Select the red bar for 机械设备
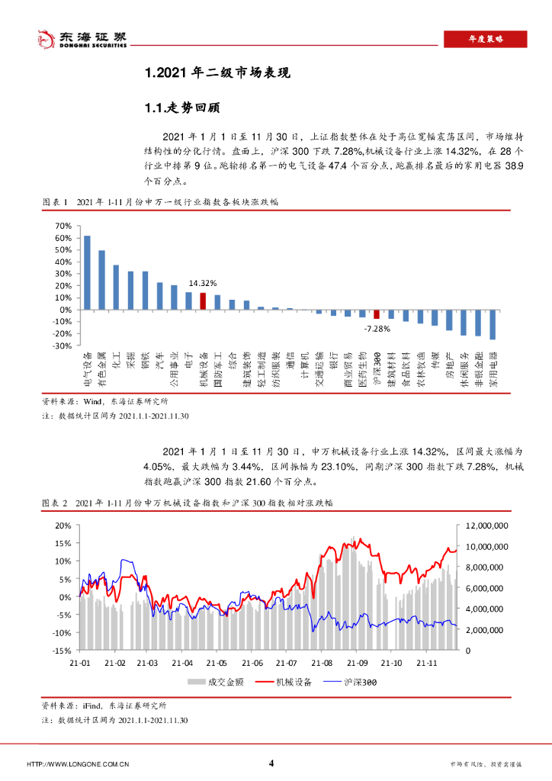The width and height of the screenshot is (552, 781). coord(203,301)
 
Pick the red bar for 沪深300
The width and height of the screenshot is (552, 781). coord(376,314)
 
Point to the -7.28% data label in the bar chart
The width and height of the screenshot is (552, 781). coord(377,329)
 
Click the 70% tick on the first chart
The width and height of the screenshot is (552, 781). coord(63,227)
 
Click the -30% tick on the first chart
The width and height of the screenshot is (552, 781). coord(62,346)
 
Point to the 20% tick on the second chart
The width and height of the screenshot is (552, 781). coord(63,525)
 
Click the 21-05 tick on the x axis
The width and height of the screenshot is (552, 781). coord(217,663)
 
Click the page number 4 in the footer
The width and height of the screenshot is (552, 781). coord(272,763)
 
